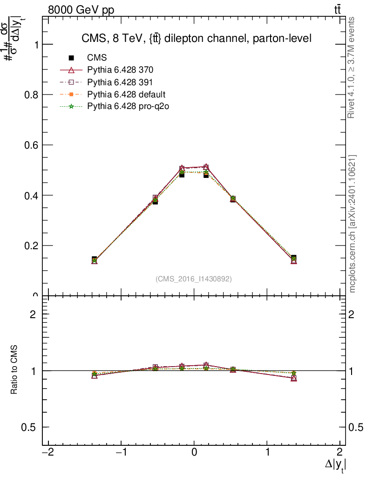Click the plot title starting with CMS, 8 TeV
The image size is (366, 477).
pos(193,38)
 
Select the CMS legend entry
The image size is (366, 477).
pos(97,58)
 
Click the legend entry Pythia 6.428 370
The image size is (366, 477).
pos(120,70)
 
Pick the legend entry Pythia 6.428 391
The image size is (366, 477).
pos(120,82)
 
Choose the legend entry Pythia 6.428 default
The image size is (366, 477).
pos(126,95)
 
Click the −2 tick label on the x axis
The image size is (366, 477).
pos(46,452)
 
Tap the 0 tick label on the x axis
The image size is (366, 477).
pos(194,452)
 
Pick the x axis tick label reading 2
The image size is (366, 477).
pos(340,452)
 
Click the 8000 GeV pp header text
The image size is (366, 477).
pos(81,10)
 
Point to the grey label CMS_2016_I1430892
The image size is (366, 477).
pos(194,279)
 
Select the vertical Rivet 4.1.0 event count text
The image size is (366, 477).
pos(352,68)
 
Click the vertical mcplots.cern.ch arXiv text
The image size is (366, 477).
pos(352,224)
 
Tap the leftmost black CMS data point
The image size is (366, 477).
pos(95,259)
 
